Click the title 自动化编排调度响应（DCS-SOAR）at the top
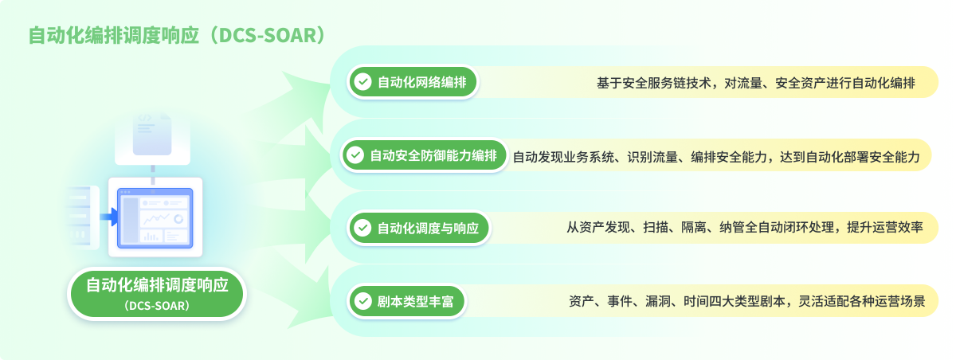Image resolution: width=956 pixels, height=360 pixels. [x=178, y=35]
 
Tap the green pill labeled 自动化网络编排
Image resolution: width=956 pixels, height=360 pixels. [x=413, y=82]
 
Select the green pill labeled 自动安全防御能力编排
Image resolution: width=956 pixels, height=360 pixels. [x=424, y=155]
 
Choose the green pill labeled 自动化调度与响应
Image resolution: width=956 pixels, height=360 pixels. [x=419, y=229]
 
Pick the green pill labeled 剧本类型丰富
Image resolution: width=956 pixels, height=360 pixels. [x=407, y=302]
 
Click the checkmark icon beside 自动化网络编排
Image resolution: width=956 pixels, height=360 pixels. [x=363, y=82]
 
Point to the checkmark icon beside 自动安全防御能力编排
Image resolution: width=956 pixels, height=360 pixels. [x=355, y=155]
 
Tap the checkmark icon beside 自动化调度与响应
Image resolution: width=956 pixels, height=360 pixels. [x=363, y=229]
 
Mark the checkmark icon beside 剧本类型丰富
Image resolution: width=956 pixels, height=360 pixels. [x=363, y=302]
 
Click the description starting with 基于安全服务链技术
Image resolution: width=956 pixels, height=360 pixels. [x=756, y=83]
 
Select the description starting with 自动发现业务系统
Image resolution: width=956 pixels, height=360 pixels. [x=716, y=157]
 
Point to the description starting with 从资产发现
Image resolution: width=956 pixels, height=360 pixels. [x=745, y=227]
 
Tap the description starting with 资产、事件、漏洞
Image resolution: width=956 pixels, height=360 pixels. [x=747, y=302]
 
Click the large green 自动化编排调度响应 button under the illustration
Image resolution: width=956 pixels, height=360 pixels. [x=157, y=294]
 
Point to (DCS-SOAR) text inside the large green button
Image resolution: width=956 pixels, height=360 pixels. [x=157, y=306]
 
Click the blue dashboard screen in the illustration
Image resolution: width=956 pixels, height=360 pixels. [x=155, y=218]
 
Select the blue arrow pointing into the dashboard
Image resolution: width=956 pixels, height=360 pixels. [x=109, y=217]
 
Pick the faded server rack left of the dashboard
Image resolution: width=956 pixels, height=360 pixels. [x=81, y=217]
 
